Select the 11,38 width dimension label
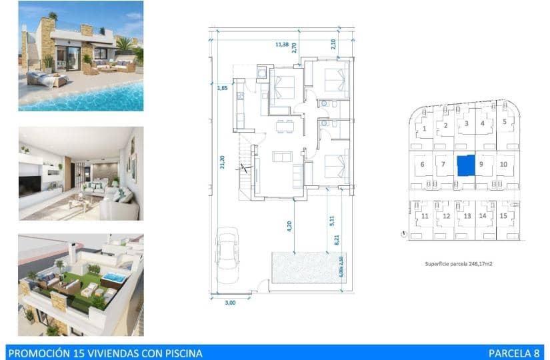pos(282,45)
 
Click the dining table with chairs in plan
pos(285,125)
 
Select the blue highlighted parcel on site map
pos(466,165)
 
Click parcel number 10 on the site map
pos(503,163)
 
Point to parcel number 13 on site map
pos(467,216)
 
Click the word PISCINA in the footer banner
pos(179,353)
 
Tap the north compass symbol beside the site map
pos(405,233)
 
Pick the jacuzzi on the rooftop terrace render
pos(115,277)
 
